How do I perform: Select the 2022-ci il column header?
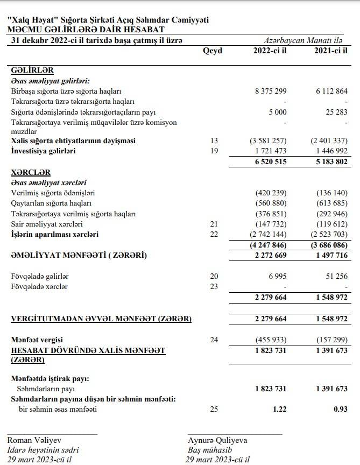click(x=270, y=51)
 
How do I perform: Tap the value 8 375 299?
click(x=270, y=91)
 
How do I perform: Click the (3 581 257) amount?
click(x=267, y=140)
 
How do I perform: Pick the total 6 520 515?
click(x=270, y=161)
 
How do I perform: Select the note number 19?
click(x=214, y=151)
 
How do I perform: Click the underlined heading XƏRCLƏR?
click(x=31, y=172)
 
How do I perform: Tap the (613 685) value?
click(x=330, y=203)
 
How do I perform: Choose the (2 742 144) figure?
click(x=267, y=234)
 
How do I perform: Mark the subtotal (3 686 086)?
click(x=328, y=244)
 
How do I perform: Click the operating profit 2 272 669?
click(x=270, y=255)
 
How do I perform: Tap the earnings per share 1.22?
click(x=279, y=410)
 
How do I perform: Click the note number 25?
click(x=214, y=410)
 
